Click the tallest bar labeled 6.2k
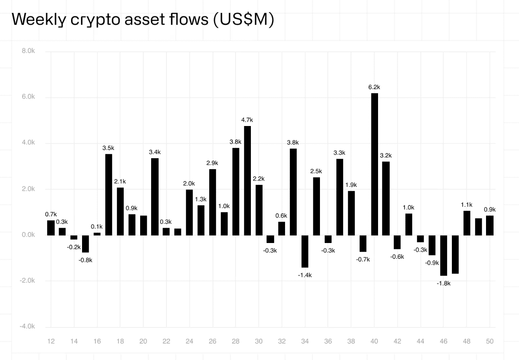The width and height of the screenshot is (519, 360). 375,164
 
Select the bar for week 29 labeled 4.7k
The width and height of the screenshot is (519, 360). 247,181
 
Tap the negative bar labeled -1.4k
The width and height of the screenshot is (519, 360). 305,251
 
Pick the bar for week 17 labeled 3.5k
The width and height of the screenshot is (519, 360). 109,195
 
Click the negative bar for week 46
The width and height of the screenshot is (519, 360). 444,255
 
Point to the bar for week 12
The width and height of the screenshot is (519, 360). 51,228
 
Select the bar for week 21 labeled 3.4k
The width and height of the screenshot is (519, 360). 155,197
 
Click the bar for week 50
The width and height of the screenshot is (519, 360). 490,225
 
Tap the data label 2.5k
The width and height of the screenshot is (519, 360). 316,171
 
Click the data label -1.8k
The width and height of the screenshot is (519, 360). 444,283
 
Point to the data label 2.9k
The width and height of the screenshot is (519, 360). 212,163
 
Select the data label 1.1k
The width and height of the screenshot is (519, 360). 467,205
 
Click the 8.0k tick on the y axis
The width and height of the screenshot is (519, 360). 28,51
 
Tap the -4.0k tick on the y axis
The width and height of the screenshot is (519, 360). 27,327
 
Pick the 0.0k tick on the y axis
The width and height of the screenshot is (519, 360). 28,235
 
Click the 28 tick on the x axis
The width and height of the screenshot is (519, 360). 236,342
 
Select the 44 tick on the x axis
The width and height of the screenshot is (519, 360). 420,342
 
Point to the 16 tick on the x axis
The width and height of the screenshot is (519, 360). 97,342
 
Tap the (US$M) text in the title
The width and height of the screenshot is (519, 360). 243,20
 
